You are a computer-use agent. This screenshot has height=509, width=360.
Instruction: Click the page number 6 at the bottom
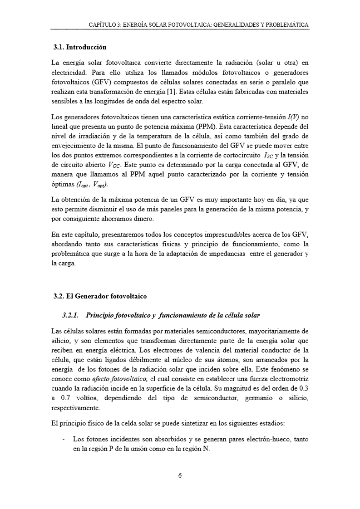[180, 475]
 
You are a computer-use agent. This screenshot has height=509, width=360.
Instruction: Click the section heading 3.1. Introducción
[79, 47]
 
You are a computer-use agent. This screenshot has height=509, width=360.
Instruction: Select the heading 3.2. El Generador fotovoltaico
[100, 297]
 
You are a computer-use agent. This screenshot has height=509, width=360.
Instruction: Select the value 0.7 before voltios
[67, 398]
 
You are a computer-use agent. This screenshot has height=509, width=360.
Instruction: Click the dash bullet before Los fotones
[63, 439]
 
